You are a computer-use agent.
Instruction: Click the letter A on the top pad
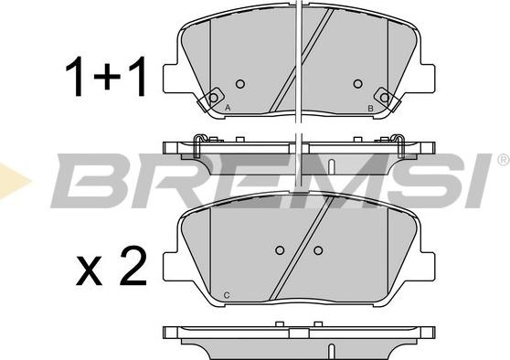coord(228,108)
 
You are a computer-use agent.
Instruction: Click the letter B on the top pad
coord(370,109)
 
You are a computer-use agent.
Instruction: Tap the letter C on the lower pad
coord(227,295)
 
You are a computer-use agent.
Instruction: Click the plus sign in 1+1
coord(107,77)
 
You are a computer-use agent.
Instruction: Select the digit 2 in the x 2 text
coord(133,266)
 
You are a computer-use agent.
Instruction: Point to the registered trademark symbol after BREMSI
coord(504,160)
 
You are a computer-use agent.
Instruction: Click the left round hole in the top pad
coord(240,84)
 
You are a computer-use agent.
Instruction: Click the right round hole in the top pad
coord(357,84)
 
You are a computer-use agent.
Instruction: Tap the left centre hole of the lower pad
coord(280,250)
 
